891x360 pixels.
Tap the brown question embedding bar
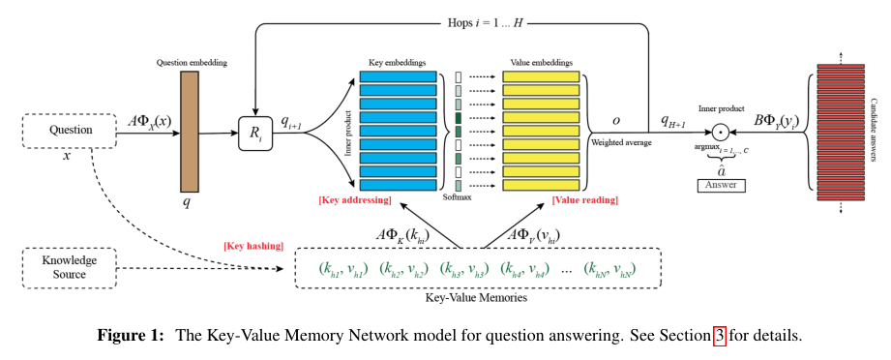click(x=190, y=132)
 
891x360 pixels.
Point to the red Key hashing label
click(x=253, y=246)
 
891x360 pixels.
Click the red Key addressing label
click(x=355, y=199)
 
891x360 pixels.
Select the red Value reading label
click(x=584, y=199)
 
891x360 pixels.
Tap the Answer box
click(x=721, y=185)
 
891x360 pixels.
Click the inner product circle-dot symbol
click(x=721, y=134)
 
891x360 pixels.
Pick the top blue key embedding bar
click(x=399, y=76)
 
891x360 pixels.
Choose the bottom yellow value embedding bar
click(x=541, y=184)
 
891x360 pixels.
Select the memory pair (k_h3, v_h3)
click(x=463, y=268)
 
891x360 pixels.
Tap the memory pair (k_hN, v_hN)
click(x=609, y=268)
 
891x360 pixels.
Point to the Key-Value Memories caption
click(x=476, y=298)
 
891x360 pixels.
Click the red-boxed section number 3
click(x=720, y=335)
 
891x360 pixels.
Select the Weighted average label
click(x=622, y=142)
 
